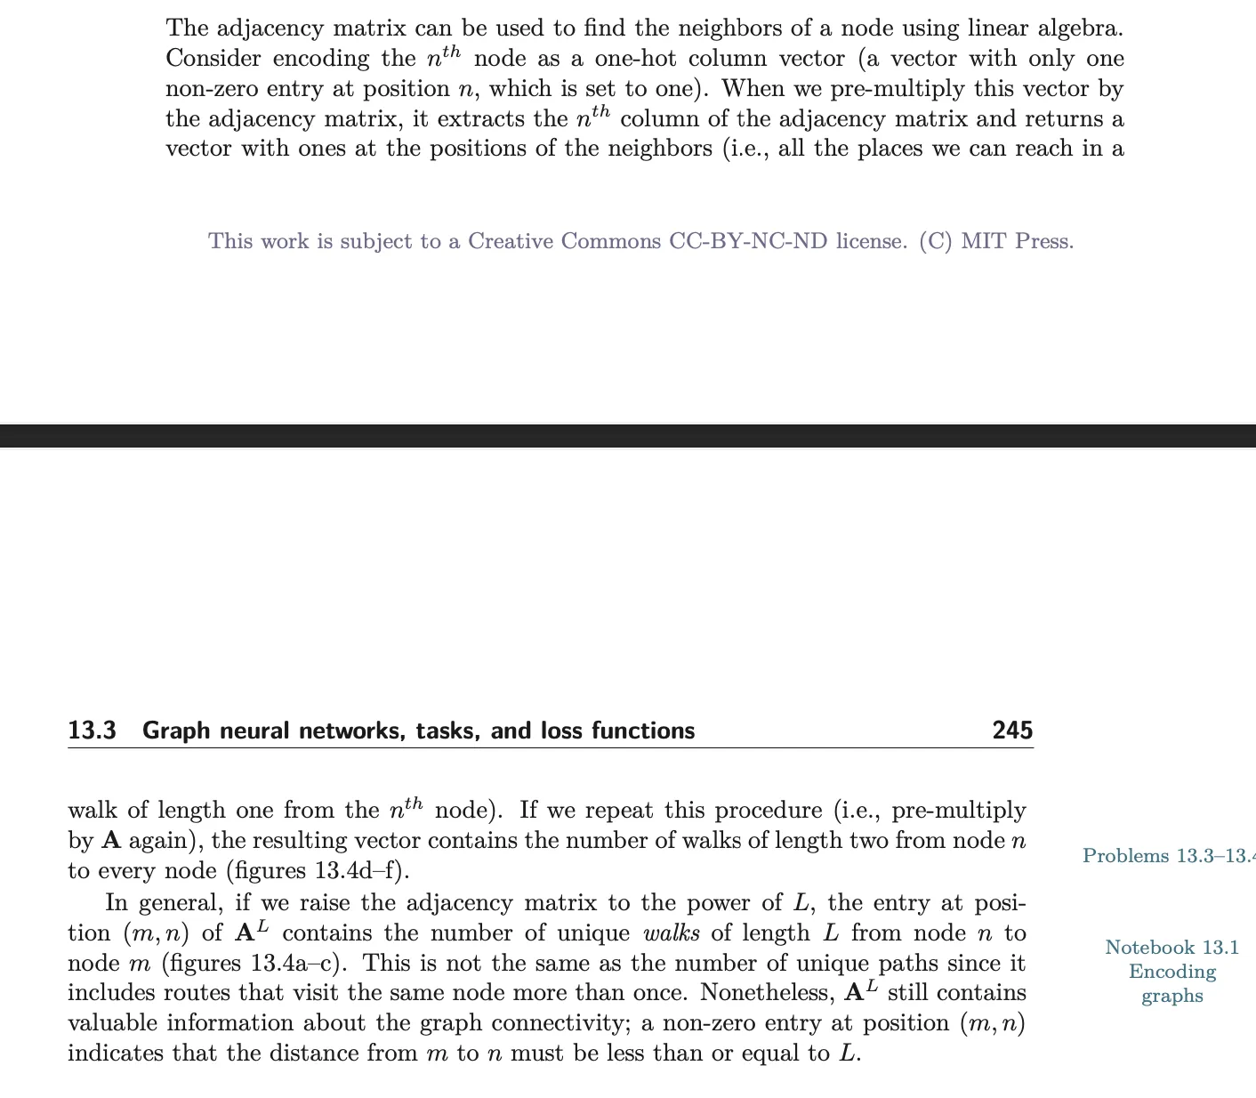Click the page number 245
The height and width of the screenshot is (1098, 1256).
1012,731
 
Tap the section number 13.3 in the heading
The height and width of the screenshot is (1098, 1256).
93,731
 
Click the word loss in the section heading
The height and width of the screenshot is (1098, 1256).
560,731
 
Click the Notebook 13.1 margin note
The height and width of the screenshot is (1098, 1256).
1171,948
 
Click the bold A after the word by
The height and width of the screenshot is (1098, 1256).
111,840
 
